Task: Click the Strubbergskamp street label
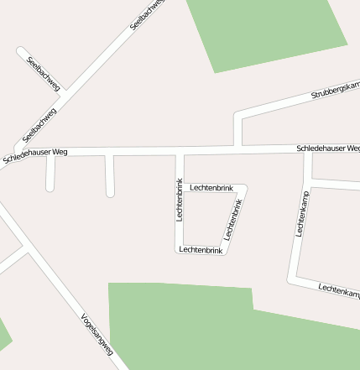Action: (335, 91)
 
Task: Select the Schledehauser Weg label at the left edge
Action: (35, 154)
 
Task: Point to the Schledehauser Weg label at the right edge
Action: (328, 149)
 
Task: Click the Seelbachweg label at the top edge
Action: (148, 15)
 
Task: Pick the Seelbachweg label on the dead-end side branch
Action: (44, 72)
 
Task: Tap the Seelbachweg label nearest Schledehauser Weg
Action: (39, 124)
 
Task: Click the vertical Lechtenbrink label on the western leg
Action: (179, 200)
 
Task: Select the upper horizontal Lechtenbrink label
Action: (211, 187)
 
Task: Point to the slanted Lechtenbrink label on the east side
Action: (232, 221)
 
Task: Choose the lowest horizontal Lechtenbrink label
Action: (201, 250)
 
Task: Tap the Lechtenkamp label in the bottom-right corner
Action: (339, 289)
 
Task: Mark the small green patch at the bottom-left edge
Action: (4, 335)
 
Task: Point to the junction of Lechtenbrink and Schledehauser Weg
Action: (180, 152)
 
